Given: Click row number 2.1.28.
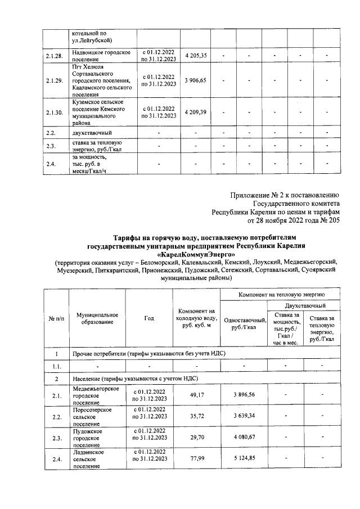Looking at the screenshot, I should click(x=54, y=55).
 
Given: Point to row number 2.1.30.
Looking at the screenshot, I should click(x=54, y=112).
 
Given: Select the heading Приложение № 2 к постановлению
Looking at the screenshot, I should click(x=285, y=196).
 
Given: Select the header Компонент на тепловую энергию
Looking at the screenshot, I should click(x=280, y=294).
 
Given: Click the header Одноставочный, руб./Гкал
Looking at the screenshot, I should click(x=244, y=323).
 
